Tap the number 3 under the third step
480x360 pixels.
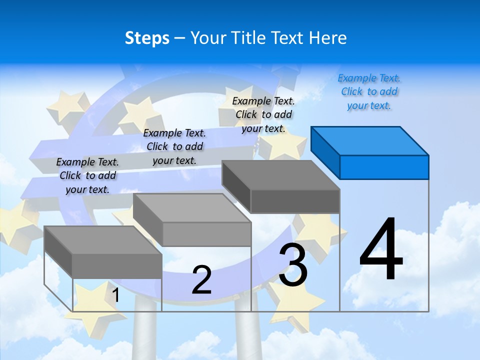coord(293,265)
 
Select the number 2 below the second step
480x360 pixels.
coord(201,280)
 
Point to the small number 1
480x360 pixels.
coord(115,295)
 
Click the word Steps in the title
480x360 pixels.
coord(147,38)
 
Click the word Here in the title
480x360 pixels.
coord(328,38)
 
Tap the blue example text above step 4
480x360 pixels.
coord(369,92)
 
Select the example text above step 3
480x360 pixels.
coord(263,114)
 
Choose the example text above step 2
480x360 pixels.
coord(174,146)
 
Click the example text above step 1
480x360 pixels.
coord(87,175)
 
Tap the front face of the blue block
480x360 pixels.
coord(384,167)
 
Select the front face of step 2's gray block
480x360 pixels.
coord(206,234)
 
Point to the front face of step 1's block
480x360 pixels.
coord(117,265)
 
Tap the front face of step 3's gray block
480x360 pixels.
coord(295,201)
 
